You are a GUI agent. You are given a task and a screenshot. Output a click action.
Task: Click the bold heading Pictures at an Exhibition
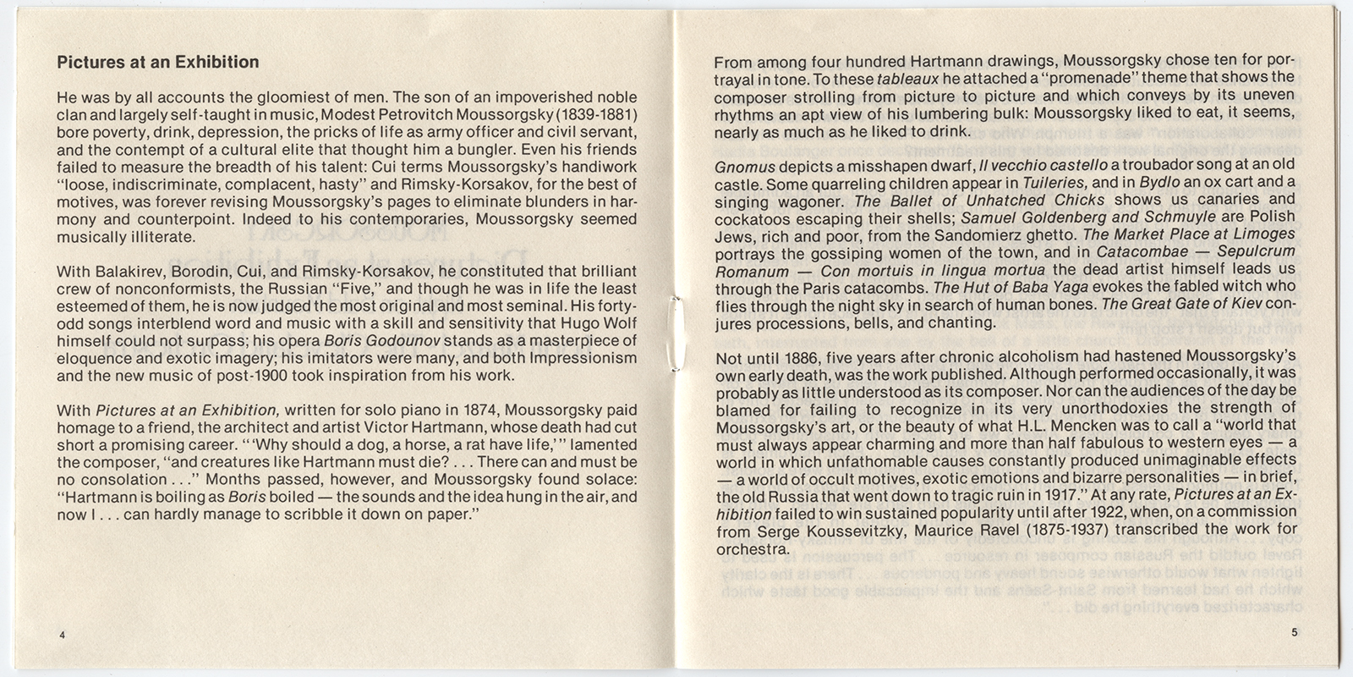[157, 62]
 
